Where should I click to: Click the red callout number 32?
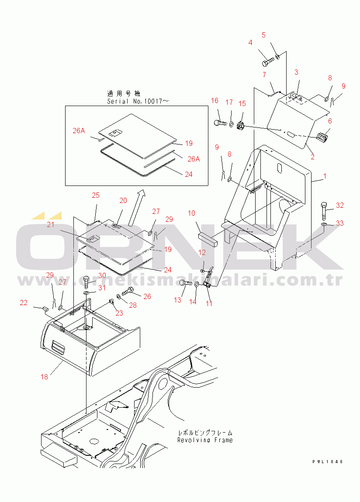(340, 205)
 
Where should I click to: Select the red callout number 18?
(44, 377)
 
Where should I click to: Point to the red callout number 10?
(191, 213)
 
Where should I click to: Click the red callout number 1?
(325, 176)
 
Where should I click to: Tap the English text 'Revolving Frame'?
(205, 440)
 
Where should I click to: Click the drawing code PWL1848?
(328, 462)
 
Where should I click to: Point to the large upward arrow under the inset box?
(136, 208)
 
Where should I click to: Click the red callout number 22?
(24, 303)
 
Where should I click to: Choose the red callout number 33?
(340, 223)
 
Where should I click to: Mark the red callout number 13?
(178, 300)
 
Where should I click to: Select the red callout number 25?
(96, 195)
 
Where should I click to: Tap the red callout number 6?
(330, 121)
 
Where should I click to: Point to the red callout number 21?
(51, 224)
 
